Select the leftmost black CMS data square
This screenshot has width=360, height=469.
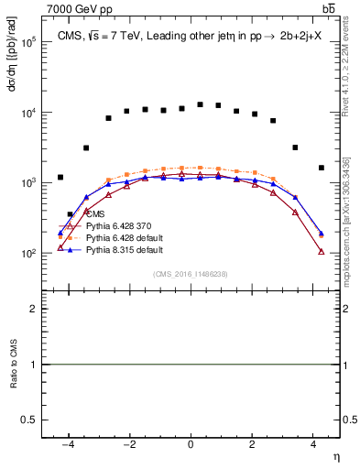point(60,177)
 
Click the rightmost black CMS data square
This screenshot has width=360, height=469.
point(321,168)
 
